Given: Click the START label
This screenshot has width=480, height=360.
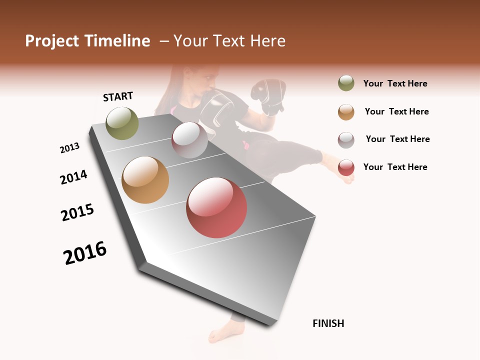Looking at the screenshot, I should click(118, 96).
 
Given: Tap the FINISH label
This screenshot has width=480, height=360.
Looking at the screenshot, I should click(328, 323).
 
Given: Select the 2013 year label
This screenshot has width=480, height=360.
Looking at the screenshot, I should click(70, 148).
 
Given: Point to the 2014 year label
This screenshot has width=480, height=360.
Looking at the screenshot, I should click(73, 177).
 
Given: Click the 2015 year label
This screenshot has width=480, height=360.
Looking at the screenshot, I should click(77, 212).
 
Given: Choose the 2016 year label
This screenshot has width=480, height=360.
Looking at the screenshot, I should click(85, 253).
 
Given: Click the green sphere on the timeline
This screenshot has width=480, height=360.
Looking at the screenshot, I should click(122, 123).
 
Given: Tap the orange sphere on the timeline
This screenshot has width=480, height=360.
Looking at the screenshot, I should click(145, 180).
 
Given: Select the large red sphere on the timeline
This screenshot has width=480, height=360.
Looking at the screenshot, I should click(216, 207).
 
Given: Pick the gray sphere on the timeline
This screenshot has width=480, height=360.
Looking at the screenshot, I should click(189, 140).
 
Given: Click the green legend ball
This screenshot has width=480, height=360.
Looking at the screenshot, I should click(346, 83).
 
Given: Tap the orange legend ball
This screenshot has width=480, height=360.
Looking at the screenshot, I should click(346, 112).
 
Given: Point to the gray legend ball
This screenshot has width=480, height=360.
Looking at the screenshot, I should click(346, 140).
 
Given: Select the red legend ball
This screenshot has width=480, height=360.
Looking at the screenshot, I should click(346, 167).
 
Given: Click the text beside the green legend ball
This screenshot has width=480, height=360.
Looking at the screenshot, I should click(395, 83).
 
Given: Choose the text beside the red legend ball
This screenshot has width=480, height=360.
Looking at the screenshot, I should click(395, 167).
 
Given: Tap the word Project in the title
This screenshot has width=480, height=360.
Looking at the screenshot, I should click(52, 41).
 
